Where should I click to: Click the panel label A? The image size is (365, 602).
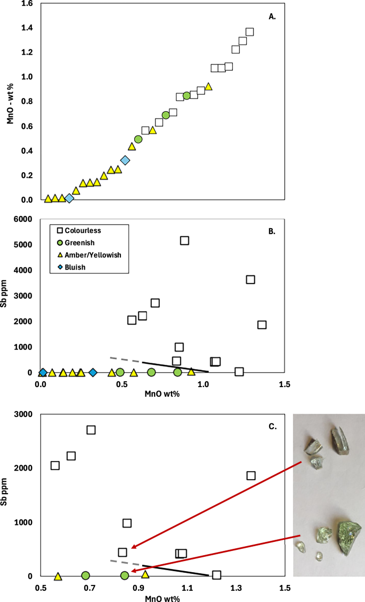[x=272, y=17]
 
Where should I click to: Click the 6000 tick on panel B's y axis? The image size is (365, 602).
[x=24, y=219]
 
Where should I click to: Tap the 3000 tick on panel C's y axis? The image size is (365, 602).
[x=24, y=414]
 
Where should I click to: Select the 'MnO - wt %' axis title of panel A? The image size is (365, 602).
[x=11, y=101]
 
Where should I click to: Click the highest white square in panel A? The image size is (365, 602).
[x=249, y=32]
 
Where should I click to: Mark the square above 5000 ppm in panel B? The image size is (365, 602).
[x=184, y=240]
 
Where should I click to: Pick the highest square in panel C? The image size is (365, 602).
[x=91, y=430]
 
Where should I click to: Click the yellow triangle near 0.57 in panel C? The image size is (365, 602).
[x=58, y=576]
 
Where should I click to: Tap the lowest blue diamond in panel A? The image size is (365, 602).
[x=69, y=198]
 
